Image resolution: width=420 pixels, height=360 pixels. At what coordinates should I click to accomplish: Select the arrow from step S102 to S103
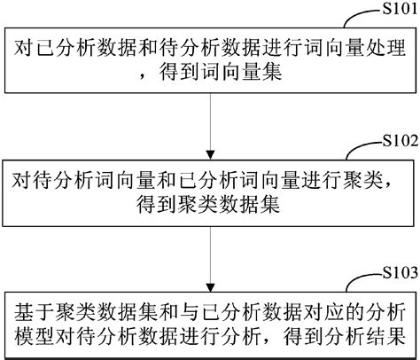coord(210,257)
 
